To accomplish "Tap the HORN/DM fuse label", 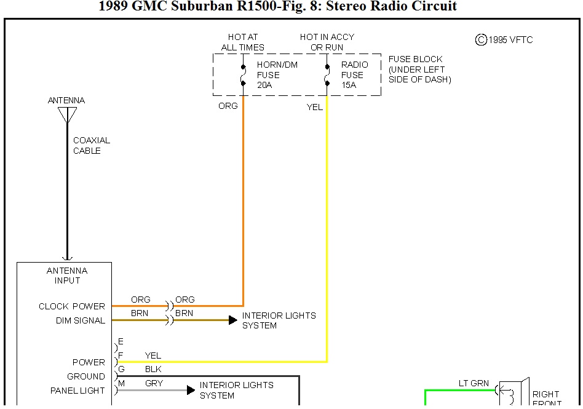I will (268, 75).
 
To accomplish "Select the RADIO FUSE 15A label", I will (354, 75).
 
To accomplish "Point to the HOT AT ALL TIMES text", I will (243, 42).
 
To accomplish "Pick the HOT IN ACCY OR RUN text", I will (327, 42).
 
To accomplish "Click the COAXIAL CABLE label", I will (91, 146).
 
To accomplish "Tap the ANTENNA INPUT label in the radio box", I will (67, 276).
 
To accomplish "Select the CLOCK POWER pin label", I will (72, 306).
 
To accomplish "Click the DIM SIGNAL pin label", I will (81, 320).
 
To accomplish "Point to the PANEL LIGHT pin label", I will (77, 391).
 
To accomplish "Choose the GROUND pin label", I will (86, 376).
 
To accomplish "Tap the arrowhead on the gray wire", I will (191, 390).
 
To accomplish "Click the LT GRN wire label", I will (474, 383).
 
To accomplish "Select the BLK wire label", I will (153, 370).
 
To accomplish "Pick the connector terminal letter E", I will (121, 341).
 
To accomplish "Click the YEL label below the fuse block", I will (315, 107).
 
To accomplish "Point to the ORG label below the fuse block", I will (228, 106).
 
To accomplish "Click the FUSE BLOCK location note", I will (419, 69).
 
